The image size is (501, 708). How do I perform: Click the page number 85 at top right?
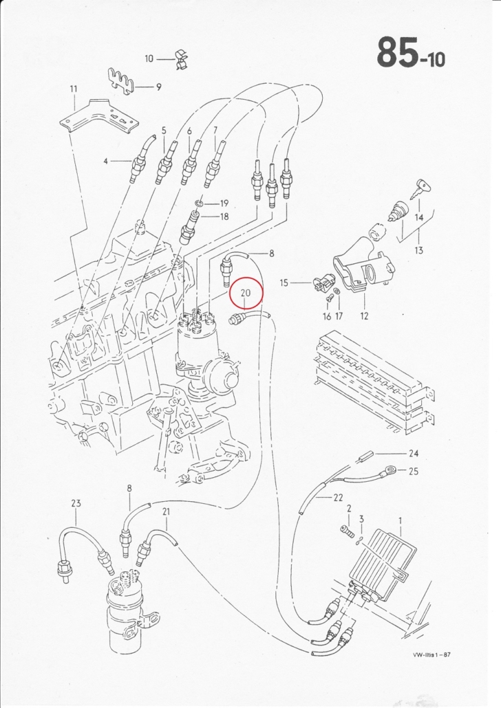pyautogui.click(x=398, y=52)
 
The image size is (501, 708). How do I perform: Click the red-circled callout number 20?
pyautogui.click(x=246, y=293)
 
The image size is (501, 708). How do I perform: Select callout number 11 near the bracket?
pyautogui.click(x=74, y=89)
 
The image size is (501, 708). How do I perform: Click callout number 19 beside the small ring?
pyautogui.click(x=224, y=203)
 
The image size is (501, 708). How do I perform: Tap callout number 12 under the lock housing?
pyautogui.click(x=365, y=316)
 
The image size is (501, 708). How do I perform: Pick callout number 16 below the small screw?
pyautogui.click(x=327, y=316)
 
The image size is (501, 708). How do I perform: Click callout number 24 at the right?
pyautogui.click(x=414, y=454)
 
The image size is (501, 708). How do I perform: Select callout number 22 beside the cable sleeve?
pyautogui.click(x=338, y=498)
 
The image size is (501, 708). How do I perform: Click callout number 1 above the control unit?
pyautogui.click(x=400, y=522)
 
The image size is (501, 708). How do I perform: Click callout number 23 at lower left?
pyautogui.click(x=76, y=503)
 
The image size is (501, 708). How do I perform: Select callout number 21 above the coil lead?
pyautogui.click(x=166, y=511)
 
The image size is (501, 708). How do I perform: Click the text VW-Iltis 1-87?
pyautogui.click(x=431, y=654)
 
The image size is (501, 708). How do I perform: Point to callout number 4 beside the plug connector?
pyautogui.click(x=106, y=161)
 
